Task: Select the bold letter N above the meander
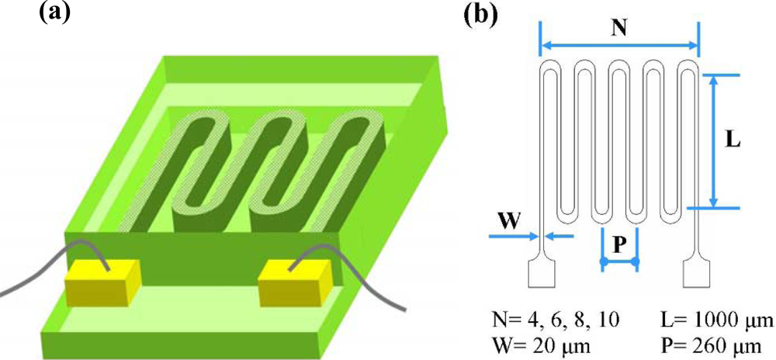click(619, 27)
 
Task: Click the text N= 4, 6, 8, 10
click(556, 320)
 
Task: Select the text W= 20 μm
click(539, 344)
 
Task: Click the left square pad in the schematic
click(540, 274)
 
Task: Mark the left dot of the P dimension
click(602, 264)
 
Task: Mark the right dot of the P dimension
click(636, 264)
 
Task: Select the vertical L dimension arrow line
click(714, 141)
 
